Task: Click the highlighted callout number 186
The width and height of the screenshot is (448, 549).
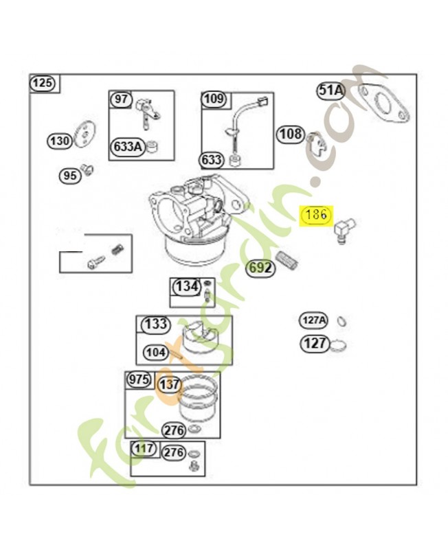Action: pyautogui.click(x=316, y=214)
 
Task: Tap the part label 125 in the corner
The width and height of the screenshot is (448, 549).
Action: pyautogui.click(x=44, y=83)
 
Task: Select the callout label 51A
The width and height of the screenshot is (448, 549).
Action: pyautogui.click(x=331, y=91)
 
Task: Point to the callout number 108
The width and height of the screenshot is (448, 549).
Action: pyautogui.click(x=291, y=134)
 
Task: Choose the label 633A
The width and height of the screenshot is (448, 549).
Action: pyautogui.click(x=128, y=146)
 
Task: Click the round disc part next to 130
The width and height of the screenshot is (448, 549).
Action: pyautogui.click(x=85, y=135)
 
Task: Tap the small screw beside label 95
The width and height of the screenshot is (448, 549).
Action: pyautogui.click(x=87, y=169)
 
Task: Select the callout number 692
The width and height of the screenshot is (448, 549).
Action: pyautogui.click(x=260, y=268)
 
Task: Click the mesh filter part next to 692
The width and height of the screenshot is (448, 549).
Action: pyautogui.click(x=287, y=261)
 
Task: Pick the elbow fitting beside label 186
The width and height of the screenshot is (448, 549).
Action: pyautogui.click(x=344, y=229)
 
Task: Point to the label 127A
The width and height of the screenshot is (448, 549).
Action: pyautogui.click(x=314, y=320)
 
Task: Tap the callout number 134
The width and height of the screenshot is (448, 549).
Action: pyautogui.click(x=186, y=286)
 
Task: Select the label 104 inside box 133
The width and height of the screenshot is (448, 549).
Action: pyautogui.click(x=155, y=352)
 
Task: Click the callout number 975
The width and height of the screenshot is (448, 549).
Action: pyautogui.click(x=139, y=379)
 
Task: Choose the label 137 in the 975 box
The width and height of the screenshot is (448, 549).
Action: pyautogui.click(x=169, y=384)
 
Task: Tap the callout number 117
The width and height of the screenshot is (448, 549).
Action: pyautogui.click(x=144, y=448)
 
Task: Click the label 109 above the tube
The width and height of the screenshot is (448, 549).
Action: pyautogui.click(x=214, y=99)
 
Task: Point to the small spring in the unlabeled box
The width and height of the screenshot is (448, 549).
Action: pyautogui.click(x=116, y=250)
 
